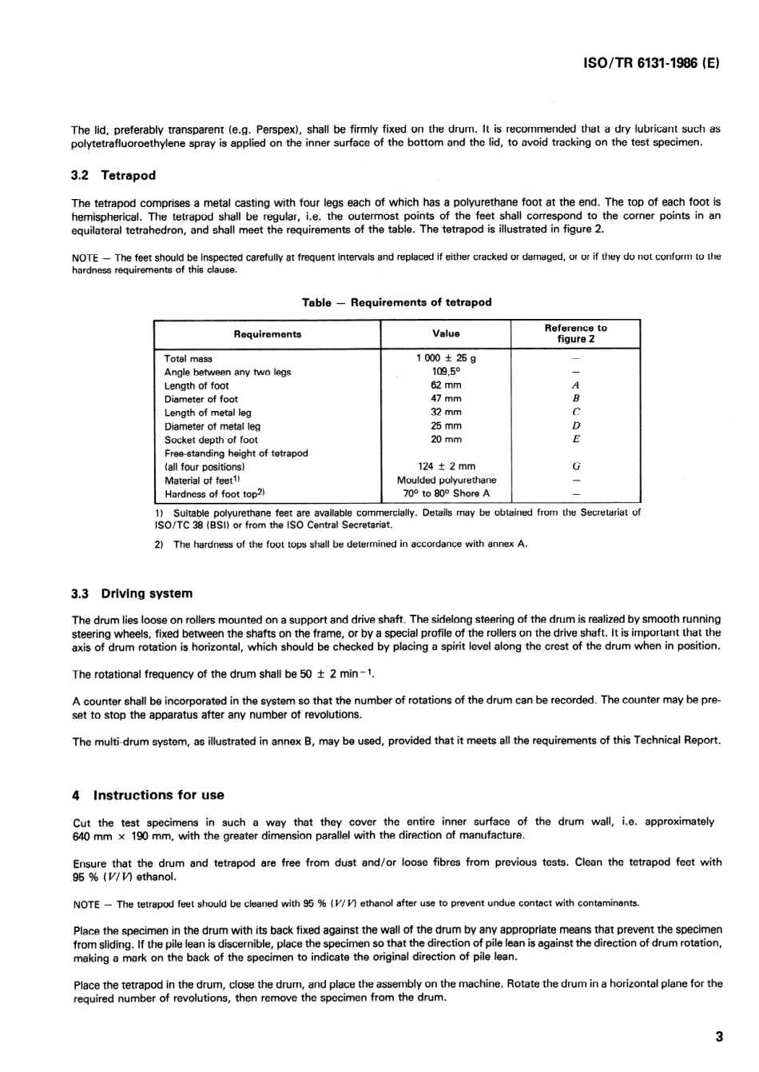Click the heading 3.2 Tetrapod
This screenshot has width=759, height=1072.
point(113,175)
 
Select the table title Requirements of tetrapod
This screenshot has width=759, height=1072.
point(396,302)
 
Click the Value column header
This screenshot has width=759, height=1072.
point(446,333)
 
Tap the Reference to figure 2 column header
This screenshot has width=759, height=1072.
point(575,333)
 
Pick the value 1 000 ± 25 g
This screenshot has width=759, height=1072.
point(446,358)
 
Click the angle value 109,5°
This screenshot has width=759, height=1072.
point(446,372)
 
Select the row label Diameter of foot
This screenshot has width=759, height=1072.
point(201,399)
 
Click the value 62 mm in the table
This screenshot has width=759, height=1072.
point(446,385)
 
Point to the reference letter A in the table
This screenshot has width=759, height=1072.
point(576,385)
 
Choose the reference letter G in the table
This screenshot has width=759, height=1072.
point(576,466)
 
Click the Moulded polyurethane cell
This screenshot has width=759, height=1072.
point(446,480)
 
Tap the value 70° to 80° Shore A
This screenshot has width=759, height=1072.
point(446,493)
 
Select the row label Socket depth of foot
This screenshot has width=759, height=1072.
point(211,440)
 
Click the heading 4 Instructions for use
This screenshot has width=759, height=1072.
point(148,795)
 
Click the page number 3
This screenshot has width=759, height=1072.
point(718,1038)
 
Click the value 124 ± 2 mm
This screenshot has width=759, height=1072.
point(446,466)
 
